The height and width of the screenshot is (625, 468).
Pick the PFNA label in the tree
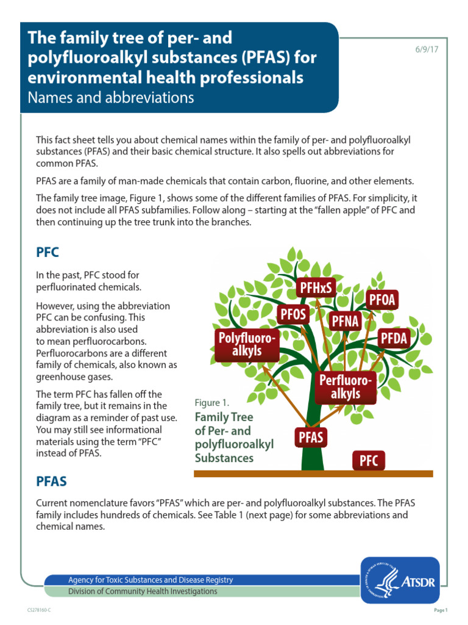345,320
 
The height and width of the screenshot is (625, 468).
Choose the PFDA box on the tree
394,337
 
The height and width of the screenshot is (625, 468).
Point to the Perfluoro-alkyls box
345,387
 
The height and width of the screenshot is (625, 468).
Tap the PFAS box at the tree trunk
311,437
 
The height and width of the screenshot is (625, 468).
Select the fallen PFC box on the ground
368,460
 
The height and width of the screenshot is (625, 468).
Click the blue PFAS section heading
51,482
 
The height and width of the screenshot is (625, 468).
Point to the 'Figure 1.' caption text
211,403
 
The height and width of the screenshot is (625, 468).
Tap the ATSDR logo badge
400,579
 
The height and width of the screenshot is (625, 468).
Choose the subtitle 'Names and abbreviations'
112,97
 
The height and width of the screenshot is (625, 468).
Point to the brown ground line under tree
313,474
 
